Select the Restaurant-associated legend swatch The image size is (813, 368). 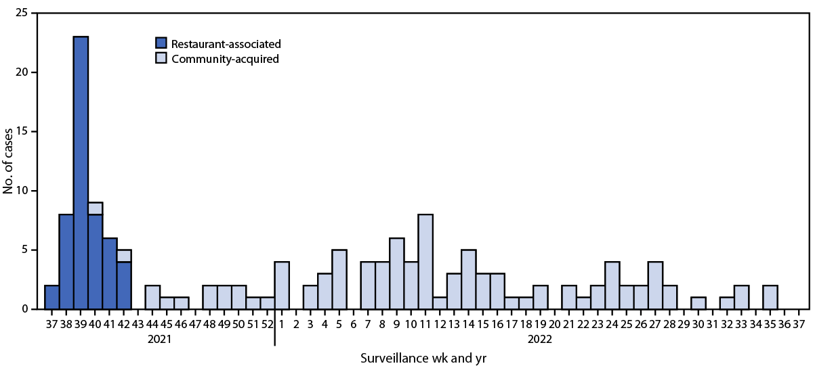click(x=162, y=44)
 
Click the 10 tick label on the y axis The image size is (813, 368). click(x=24, y=191)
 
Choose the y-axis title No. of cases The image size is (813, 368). click(x=8, y=161)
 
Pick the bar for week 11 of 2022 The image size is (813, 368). click(x=425, y=262)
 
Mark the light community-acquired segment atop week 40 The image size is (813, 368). click(x=95, y=208)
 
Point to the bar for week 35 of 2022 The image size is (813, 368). click(x=770, y=297)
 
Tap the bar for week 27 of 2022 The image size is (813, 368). click(x=655, y=285)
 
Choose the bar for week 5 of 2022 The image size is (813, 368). click(x=339, y=279)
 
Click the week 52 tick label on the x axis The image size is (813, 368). click(x=267, y=323)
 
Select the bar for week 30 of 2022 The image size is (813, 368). click(x=698, y=303)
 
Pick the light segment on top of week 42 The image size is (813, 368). click(x=124, y=256)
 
